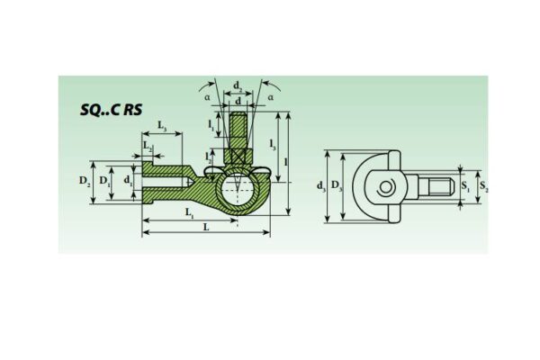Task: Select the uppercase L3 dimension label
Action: point(163,125)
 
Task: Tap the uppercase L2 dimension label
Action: point(148,144)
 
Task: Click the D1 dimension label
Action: point(105,182)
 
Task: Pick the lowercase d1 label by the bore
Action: point(129,182)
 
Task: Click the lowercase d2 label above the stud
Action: point(238,87)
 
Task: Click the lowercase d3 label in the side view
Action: point(321,186)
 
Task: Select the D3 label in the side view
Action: point(337,186)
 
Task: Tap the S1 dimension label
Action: point(464,186)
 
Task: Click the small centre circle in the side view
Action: point(385,187)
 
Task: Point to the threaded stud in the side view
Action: point(434,187)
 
